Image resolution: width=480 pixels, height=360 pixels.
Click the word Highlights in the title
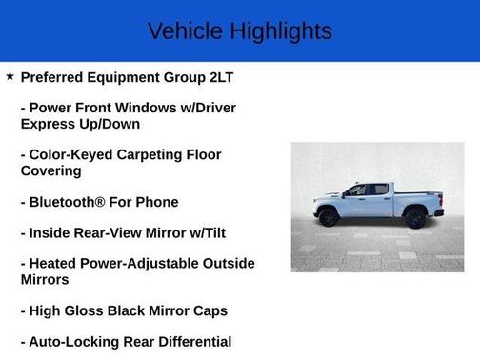[x=278, y=30]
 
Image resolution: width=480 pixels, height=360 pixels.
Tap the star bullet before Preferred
[x=10, y=75]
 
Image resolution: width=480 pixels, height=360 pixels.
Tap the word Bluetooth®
[x=74, y=202]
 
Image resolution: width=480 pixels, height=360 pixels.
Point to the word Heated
[x=59, y=263]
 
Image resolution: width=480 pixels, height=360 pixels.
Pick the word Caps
[x=209, y=310]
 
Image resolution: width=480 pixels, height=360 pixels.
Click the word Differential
[x=190, y=341]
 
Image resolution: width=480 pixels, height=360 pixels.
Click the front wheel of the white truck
[x=330, y=217]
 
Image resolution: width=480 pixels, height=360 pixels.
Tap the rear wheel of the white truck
[x=413, y=217]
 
